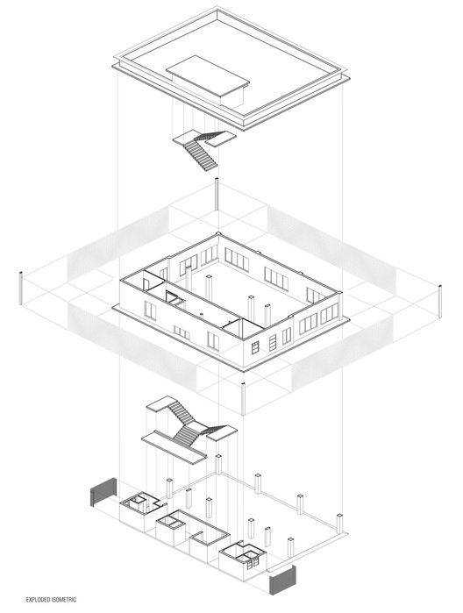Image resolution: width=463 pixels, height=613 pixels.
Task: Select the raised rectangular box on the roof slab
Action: tap(208, 80)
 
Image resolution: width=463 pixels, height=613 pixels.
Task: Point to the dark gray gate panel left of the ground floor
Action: tap(103, 491)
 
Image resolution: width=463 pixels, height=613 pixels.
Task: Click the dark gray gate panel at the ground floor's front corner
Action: tap(282, 581)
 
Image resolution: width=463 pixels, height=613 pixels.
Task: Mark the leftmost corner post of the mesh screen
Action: tap(21, 288)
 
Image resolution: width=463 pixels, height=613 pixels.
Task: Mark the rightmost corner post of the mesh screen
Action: tap(440, 302)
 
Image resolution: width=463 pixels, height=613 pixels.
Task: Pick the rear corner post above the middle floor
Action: tap(217, 195)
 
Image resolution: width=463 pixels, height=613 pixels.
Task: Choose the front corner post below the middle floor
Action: tap(243, 399)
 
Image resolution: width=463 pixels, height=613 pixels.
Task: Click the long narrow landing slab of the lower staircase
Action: tap(174, 447)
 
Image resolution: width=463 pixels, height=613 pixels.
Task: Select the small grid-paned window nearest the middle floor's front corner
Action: tap(255, 347)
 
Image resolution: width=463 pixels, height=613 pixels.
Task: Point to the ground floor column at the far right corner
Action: tap(339, 524)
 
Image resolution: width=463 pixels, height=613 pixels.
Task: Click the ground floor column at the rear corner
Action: tap(218, 465)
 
